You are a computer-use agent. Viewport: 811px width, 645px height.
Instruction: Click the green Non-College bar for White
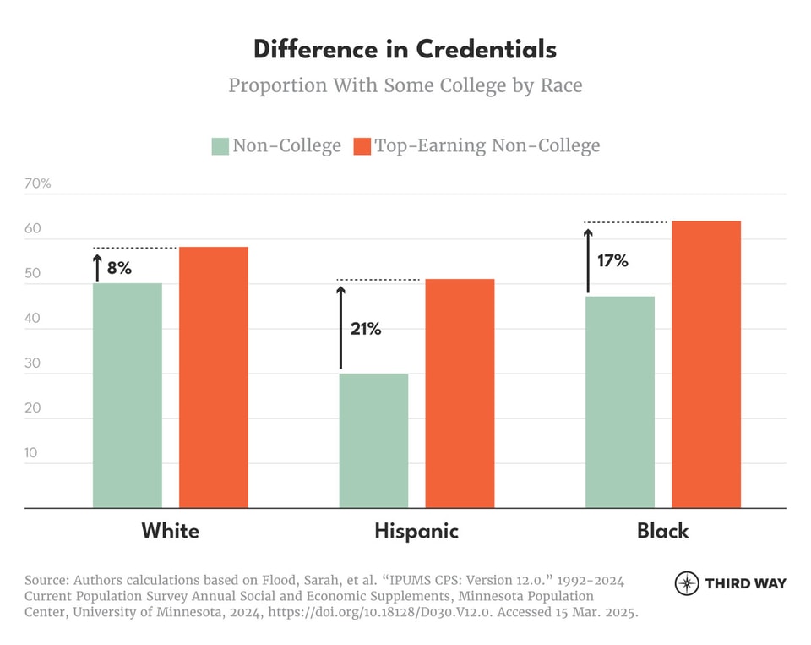pos(127,396)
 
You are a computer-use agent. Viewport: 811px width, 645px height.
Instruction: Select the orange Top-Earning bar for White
pos(213,378)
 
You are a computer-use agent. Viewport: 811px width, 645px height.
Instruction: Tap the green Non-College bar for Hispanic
pos(373,440)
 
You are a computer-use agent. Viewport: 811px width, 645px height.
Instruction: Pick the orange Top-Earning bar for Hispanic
pos(460,394)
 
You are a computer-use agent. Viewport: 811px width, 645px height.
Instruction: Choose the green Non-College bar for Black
pos(620,402)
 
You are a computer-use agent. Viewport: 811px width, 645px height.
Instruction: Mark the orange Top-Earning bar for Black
pos(706,364)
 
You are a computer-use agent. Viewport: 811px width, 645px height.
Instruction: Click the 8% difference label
pos(119,269)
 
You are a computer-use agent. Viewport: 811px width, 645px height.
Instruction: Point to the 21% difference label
pos(366,329)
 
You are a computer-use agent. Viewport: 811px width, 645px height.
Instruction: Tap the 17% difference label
pos(612,260)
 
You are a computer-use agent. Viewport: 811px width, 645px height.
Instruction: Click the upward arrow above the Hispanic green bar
pos(341,328)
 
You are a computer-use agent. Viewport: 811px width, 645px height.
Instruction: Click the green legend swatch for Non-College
pos(220,146)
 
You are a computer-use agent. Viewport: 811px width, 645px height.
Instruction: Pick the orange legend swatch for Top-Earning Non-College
pos(362,146)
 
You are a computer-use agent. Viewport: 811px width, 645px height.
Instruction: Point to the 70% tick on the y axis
pos(38,183)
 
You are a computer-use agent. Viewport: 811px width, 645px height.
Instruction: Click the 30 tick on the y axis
pos(31,363)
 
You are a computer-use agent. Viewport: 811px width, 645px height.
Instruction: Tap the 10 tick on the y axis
pos(31,452)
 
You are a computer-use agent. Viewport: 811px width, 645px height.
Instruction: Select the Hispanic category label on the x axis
pos(416,531)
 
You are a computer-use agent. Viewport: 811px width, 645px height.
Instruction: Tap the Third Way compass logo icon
pos(687,583)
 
